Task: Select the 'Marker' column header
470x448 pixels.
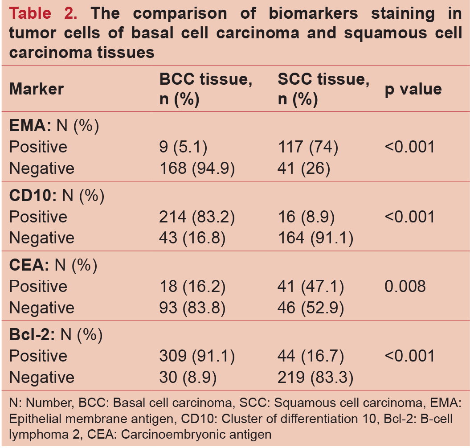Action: point(37,89)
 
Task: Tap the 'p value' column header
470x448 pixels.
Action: point(413,89)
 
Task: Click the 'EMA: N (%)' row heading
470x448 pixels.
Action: point(54,126)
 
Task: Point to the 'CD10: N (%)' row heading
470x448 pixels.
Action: point(57,196)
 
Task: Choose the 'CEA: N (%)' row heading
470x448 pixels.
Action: point(53,265)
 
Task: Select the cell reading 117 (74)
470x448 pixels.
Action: point(308,147)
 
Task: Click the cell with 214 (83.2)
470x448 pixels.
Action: point(197,217)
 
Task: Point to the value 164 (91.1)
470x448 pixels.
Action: point(315,238)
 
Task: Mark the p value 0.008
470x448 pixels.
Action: point(405,286)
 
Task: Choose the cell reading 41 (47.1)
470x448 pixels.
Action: point(311,286)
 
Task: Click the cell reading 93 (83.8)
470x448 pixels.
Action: point(192,308)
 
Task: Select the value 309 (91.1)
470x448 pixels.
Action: point(197,356)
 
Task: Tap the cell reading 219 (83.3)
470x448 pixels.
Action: point(315,377)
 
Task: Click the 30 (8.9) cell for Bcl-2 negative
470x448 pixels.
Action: point(188,377)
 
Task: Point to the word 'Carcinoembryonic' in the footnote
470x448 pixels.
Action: point(213,434)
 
